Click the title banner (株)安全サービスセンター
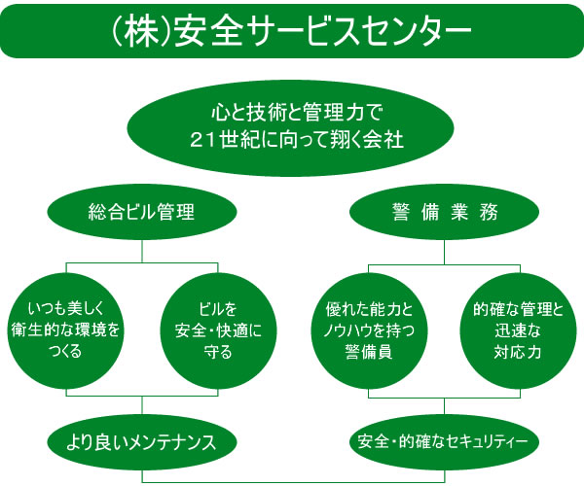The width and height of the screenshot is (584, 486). pos(292,31)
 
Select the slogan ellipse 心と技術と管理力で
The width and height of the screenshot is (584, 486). pos(290,128)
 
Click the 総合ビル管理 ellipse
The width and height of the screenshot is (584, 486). pos(142,212)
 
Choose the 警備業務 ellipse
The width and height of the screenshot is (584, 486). pos(445,212)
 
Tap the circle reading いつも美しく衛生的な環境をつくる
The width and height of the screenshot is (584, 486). pos(66,330)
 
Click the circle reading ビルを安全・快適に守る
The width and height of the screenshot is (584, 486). pos(218,330)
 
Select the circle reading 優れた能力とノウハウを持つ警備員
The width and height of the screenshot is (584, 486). pos(369,330)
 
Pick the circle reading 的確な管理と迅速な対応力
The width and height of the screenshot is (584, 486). pos(518,330)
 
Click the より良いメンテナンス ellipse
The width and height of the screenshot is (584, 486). pos(142,442)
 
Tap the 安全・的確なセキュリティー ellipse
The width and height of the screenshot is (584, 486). pos(445,442)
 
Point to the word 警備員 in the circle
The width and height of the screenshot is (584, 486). pos(369,352)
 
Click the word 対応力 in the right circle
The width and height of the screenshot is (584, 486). pos(518,352)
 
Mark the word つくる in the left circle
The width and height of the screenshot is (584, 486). pos(66,351)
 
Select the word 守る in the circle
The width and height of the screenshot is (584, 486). pos(218,352)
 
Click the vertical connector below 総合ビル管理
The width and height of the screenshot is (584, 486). pos(142,252)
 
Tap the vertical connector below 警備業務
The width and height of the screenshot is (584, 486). pos(445,252)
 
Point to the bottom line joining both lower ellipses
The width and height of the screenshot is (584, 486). pos(293,482)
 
